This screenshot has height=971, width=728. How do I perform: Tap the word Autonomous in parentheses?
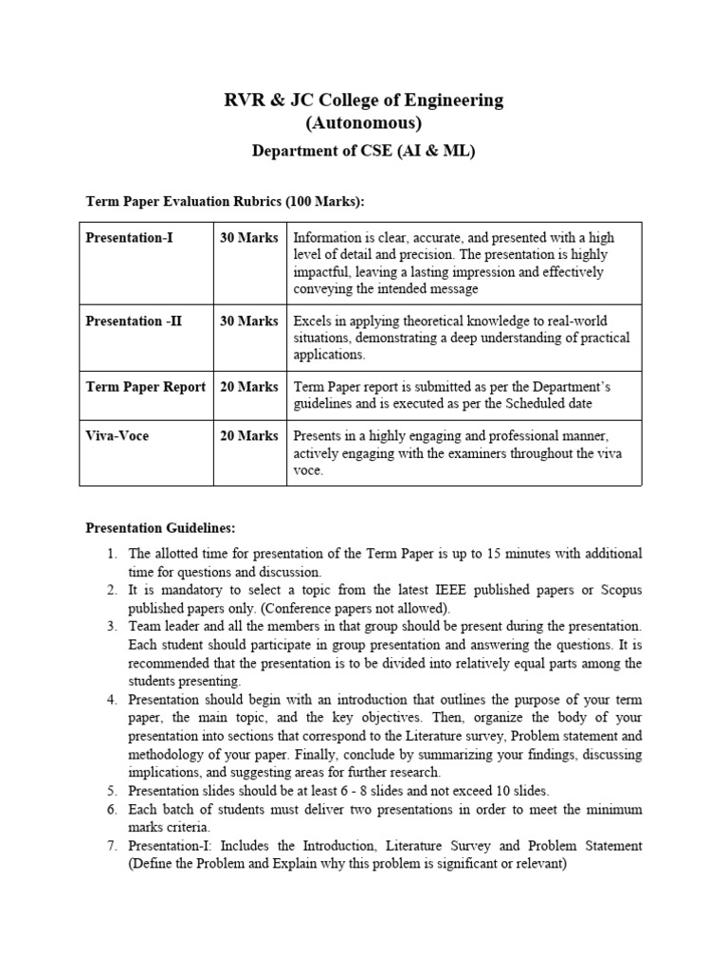click(x=363, y=123)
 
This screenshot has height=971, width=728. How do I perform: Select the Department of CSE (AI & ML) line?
click(x=363, y=152)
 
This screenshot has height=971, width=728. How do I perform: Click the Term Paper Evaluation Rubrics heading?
click(x=225, y=202)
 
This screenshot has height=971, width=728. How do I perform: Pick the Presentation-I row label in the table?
click(x=130, y=237)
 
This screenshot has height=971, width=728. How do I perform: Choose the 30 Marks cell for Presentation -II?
click(x=249, y=321)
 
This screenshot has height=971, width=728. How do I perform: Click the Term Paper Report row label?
click(x=145, y=386)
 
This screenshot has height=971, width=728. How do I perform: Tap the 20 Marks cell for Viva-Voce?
click(x=249, y=435)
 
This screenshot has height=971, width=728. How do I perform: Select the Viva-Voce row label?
click(x=118, y=435)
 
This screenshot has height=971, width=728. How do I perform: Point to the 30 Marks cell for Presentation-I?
click(x=249, y=237)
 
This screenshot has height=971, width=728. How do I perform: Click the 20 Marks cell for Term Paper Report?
click(x=249, y=386)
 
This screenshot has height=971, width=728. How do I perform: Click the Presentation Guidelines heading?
click(x=160, y=527)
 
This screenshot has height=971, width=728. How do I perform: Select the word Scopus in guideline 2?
click(x=618, y=590)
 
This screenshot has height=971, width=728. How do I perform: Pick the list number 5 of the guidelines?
click(x=111, y=790)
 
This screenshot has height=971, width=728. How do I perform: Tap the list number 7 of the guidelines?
click(x=111, y=845)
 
